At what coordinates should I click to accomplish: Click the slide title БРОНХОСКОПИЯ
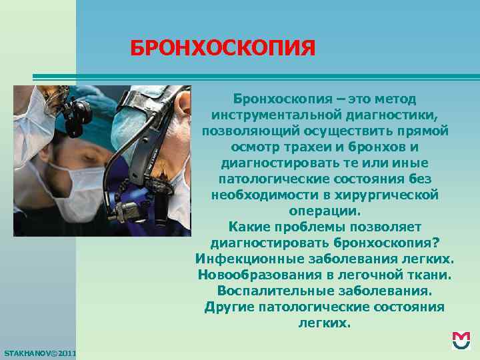[222, 48]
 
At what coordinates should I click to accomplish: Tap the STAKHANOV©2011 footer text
[39, 351]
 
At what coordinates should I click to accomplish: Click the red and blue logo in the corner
[461, 341]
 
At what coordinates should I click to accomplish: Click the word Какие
[248, 227]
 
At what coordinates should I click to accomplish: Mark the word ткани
[431, 275]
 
